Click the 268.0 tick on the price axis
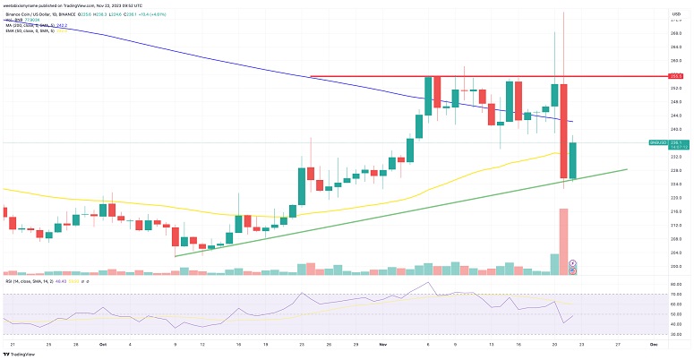(676, 33)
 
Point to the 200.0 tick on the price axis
(676, 268)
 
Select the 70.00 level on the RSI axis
(676, 295)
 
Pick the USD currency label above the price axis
(677, 14)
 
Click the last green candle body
(572, 159)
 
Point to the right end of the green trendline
(627, 168)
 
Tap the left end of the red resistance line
(310, 76)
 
